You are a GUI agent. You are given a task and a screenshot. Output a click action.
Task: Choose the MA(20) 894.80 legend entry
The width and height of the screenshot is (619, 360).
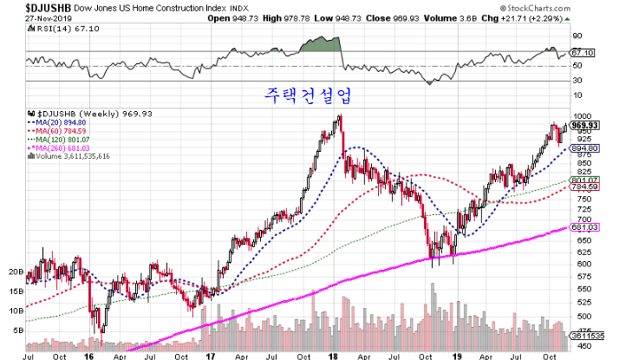[63, 122]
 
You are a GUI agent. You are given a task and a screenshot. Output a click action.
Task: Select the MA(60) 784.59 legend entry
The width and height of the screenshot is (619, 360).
[63, 131]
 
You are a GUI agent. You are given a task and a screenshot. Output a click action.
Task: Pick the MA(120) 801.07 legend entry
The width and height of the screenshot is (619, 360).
[65, 140]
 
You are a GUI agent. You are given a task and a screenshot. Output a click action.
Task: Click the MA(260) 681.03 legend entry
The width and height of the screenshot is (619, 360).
[65, 148]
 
